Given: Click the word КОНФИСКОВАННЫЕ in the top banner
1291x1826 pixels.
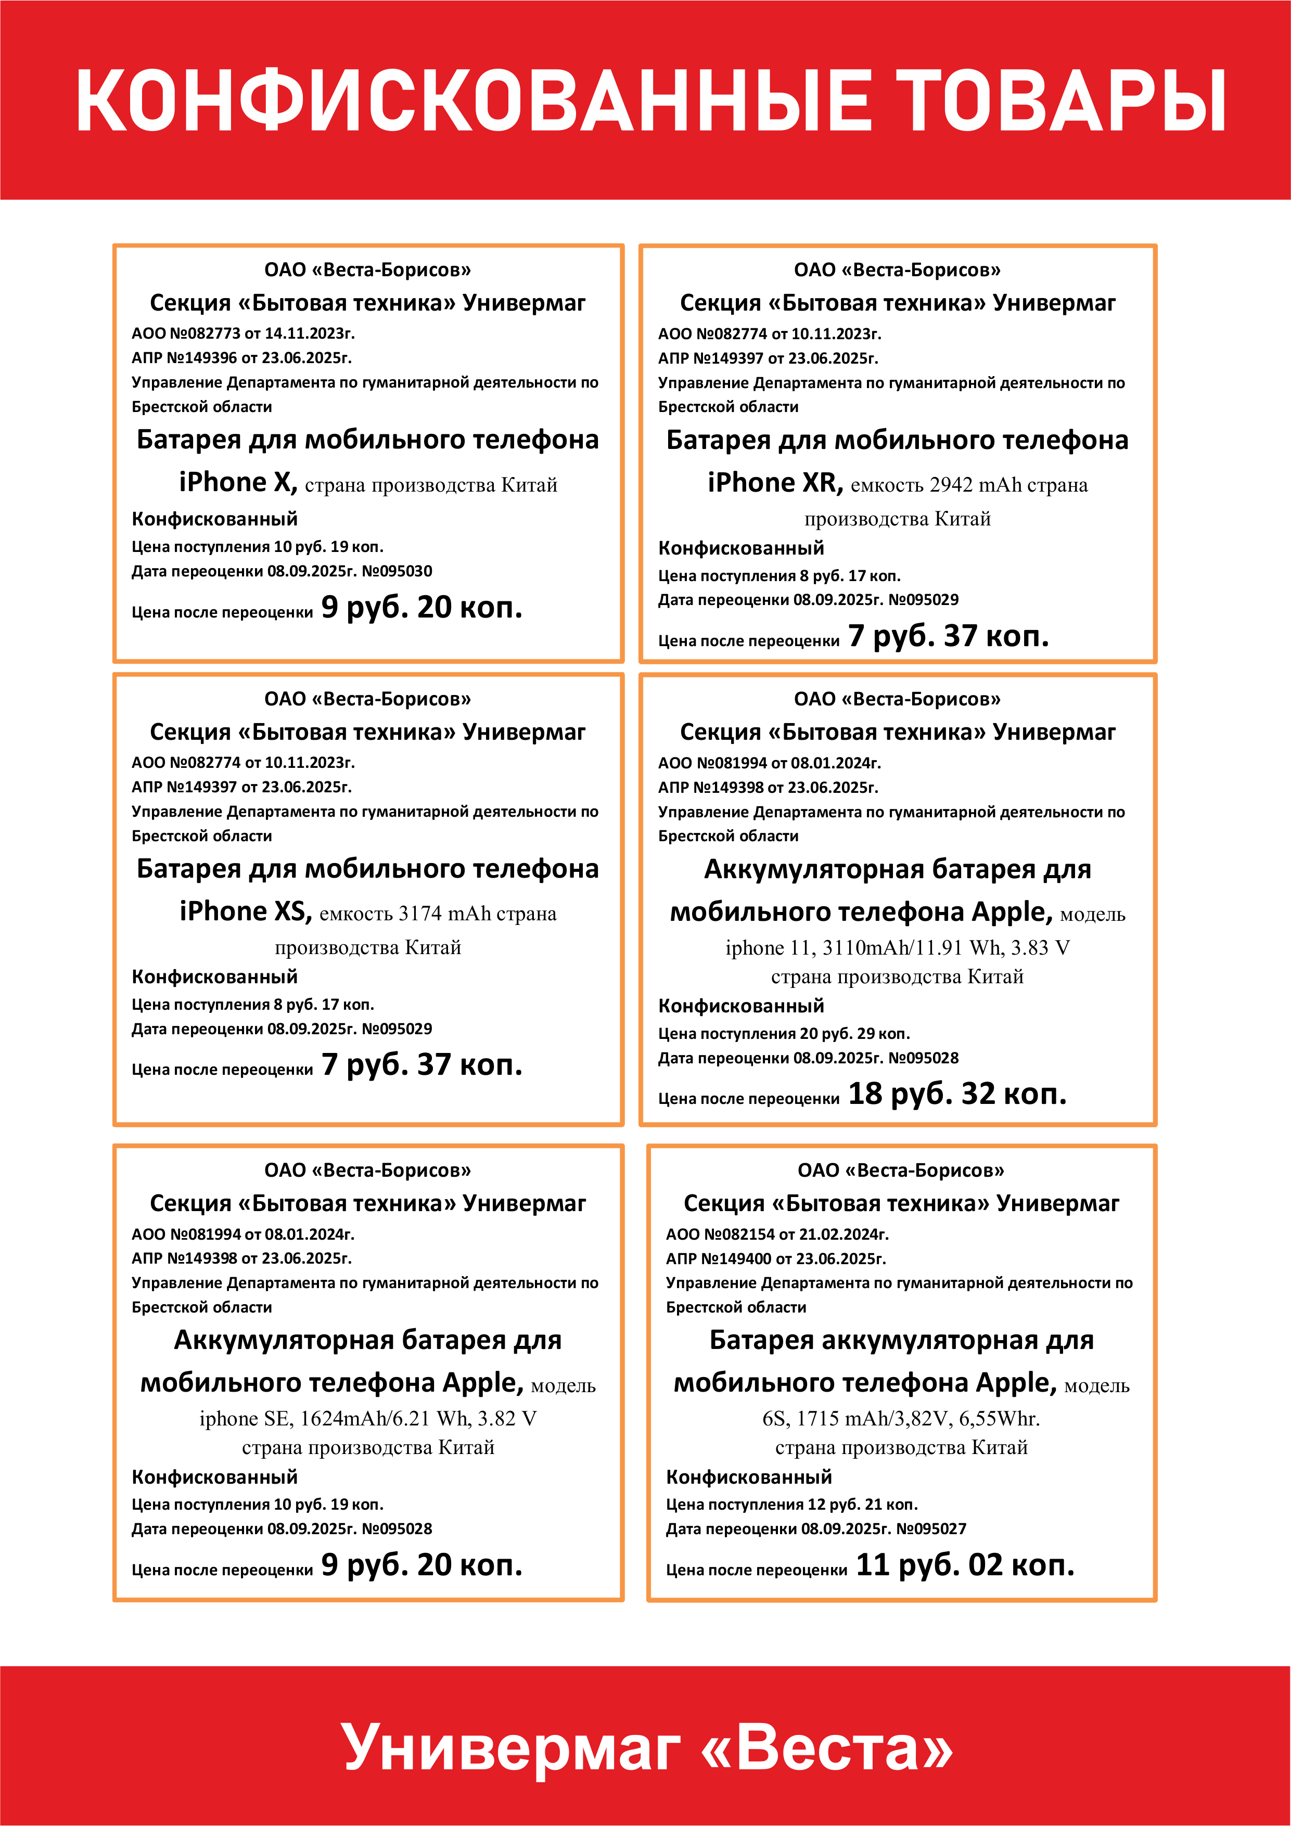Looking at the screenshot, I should click(x=475, y=100).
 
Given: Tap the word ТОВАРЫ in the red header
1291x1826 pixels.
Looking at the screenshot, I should click(x=1061, y=100).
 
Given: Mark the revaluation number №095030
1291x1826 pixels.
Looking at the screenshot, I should click(x=397, y=571).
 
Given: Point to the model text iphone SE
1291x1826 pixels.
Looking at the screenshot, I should click(x=240, y=1419).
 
